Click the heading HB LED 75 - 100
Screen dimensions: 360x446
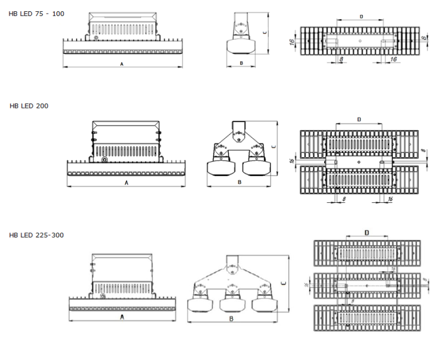37,13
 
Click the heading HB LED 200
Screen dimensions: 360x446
29,105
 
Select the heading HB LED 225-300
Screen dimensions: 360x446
36,235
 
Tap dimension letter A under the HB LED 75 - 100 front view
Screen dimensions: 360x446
121,63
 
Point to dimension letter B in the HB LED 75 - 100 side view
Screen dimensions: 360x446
241,62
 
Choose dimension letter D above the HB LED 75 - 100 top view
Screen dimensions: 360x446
362,16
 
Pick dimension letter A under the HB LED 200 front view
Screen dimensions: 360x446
127,183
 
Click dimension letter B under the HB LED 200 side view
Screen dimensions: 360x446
240,183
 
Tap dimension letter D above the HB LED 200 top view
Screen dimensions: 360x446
359,120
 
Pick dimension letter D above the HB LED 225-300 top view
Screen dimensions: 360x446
366,231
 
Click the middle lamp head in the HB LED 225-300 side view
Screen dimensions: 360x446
233,304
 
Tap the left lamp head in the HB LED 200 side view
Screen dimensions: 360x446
219,168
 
